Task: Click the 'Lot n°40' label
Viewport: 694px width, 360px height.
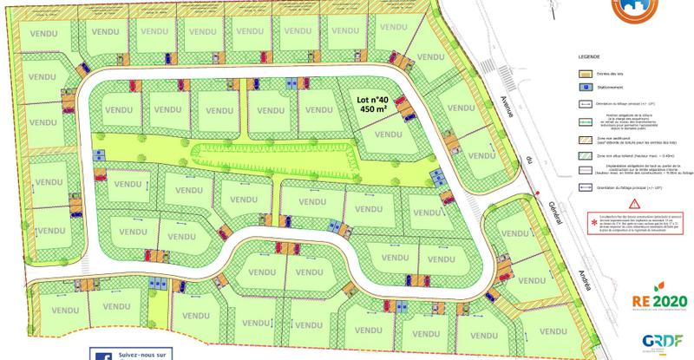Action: pyautogui.click(x=375, y=100)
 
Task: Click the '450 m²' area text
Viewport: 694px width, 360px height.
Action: pyautogui.click(x=375, y=110)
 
